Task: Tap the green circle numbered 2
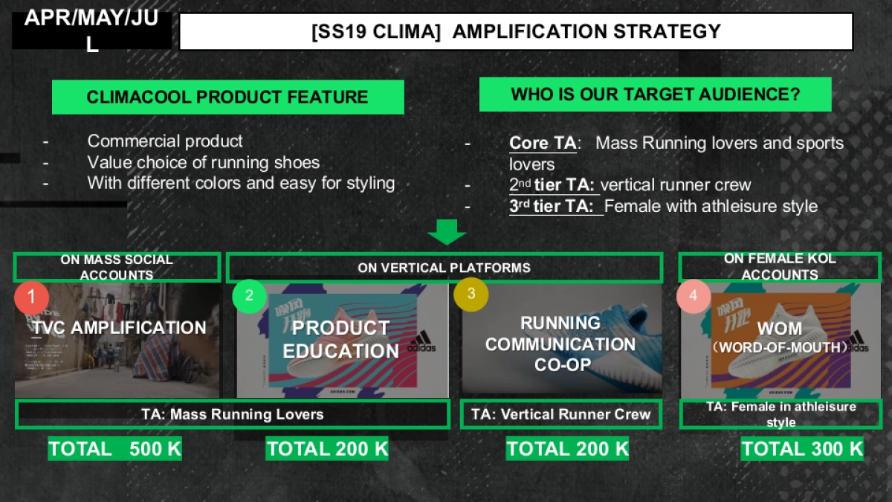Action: (249, 295)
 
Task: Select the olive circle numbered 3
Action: (471, 294)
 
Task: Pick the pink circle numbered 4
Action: (694, 296)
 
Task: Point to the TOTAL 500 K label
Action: (114, 449)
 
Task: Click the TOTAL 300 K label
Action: (802, 449)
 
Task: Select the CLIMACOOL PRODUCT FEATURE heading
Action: (227, 97)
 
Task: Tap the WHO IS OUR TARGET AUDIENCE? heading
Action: (655, 94)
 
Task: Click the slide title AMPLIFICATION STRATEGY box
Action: (516, 32)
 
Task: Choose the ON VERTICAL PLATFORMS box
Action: (444, 268)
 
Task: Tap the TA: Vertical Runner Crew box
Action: (560, 414)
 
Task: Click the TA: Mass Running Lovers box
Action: (232, 414)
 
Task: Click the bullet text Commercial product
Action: (165, 141)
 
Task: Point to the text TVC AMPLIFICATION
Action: (119, 328)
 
